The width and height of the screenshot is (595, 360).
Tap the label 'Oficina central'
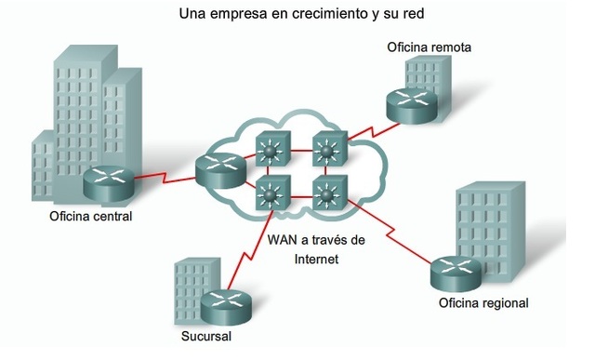pyautogui.click(x=91, y=217)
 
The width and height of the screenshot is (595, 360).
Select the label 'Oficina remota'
pyautogui.click(x=429, y=47)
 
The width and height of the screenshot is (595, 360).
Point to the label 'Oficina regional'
pyautogui.click(x=483, y=303)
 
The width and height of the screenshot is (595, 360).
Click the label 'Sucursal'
pyautogui.click(x=206, y=336)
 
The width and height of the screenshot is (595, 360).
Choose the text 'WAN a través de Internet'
pyautogui.click(x=316, y=249)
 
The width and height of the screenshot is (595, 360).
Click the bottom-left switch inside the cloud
pyautogui.click(x=273, y=195)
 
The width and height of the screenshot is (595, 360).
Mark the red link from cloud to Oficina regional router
pyautogui.click(x=390, y=237)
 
